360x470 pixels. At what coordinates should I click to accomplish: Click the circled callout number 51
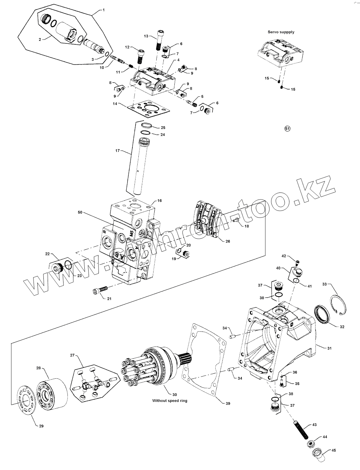tap(287, 129)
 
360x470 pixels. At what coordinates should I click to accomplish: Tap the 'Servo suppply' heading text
tap(281, 32)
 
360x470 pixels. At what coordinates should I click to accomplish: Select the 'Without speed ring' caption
tap(170, 401)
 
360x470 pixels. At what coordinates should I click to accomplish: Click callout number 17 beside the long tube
tap(118, 151)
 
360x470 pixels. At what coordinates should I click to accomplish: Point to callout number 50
tap(80, 213)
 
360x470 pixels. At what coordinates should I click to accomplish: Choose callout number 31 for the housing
tap(329, 348)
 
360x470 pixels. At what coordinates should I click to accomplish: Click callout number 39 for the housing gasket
tap(228, 403)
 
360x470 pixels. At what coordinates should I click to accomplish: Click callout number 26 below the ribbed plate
tap(228, 241)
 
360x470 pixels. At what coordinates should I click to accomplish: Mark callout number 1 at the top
tap(103, 10)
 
